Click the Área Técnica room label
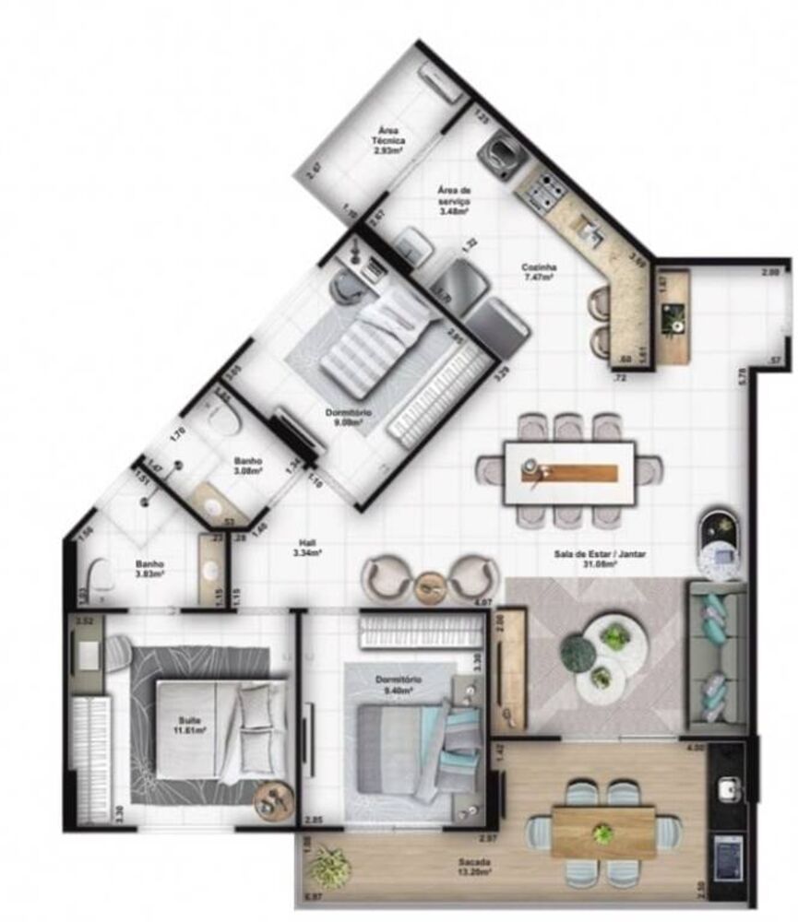[x=388, y=137]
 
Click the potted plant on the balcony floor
[x=329, y=868]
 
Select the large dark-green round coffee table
[x=578, y=654]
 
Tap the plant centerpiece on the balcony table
[x=603, y=834]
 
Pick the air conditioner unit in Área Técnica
[x=441, y=84]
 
